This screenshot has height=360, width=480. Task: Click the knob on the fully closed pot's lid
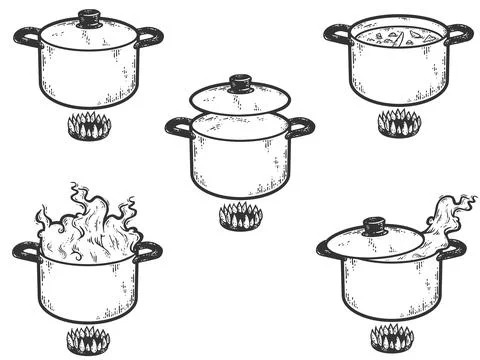pyautogui.click(x=91, y=16)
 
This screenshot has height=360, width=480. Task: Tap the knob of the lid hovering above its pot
pyautogui.click(x=240, y=82)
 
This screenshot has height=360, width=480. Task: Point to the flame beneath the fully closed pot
pyautogui.click(x=92, y=127)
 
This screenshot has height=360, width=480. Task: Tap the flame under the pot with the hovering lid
pyautogui.click(x=240, y=214)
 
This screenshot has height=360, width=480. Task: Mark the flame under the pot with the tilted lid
pyautogui.click(x=391, y=337)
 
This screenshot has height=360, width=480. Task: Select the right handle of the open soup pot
pyautogui.click(x=459, y=34)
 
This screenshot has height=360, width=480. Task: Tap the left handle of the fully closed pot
pyautogui.click(x=27, y=37)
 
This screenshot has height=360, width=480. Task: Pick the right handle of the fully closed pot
pyautogui.click(x=151, y=36)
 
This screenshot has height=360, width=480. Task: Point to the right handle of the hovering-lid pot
pyautogui.click(x=301, y=126)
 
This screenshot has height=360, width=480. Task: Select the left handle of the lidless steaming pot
pyautogui.click(x=25, y=250)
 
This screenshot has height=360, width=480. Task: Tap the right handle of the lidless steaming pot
pyautogui.click(x=149, y=250)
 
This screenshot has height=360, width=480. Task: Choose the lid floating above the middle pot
pyautogui.click(x=240, y=98)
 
